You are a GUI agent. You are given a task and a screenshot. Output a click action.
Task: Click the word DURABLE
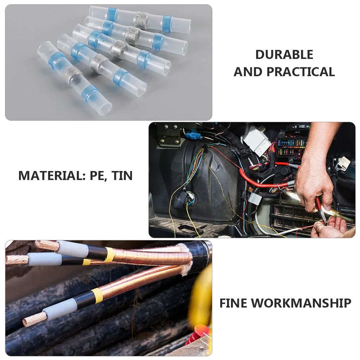pyautogui.click(x=284, y=55)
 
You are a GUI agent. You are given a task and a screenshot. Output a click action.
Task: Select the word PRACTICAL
pyautogui.click(x=301, y=72)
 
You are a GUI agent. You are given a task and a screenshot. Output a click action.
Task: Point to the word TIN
pyautogui.click(x=122, y=176)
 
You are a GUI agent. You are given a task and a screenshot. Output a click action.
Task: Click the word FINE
pyautogui.click(x=234, y=303)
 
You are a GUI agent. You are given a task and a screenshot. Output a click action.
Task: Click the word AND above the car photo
pyautogui.click(x=249, y=72)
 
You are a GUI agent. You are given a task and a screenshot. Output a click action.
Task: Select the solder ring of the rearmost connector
pyautogui.click(x=140, y=17)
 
